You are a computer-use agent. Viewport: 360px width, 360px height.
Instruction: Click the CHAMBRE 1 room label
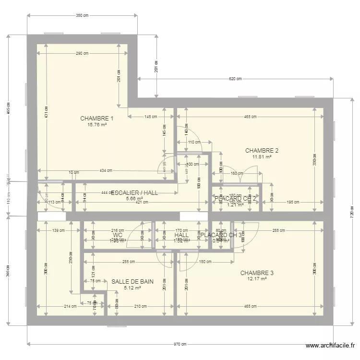[96, 119]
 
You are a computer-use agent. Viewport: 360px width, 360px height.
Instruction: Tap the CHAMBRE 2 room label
[262, 150]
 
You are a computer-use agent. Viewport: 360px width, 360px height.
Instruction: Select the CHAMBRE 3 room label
[257, 273]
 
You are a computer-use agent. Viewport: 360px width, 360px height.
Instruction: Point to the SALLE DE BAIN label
[132, 282]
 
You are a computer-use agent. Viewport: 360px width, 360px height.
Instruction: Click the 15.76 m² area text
[96, 125]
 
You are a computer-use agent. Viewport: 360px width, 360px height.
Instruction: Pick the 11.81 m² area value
[262, 156]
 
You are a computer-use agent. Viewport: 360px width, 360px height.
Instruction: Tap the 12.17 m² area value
[257, 279]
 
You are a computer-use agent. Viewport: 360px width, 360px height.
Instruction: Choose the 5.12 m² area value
[132, 288]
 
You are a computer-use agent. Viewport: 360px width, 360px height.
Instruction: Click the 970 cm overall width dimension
[180, 344]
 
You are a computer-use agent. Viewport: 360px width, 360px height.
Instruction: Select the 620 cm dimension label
[235, 78]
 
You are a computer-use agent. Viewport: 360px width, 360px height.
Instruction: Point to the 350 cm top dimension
[82, 16]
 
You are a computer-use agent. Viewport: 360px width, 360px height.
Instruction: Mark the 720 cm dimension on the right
[352, 211]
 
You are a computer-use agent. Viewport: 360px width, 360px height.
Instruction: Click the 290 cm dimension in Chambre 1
[82, 53]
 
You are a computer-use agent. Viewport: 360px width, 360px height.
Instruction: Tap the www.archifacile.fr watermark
[331, 345]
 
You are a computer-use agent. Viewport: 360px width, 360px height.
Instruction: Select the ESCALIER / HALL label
[134, 192]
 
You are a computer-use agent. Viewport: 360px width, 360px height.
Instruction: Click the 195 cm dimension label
[293, 202]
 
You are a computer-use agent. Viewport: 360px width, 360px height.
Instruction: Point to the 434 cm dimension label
[106, 170]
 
